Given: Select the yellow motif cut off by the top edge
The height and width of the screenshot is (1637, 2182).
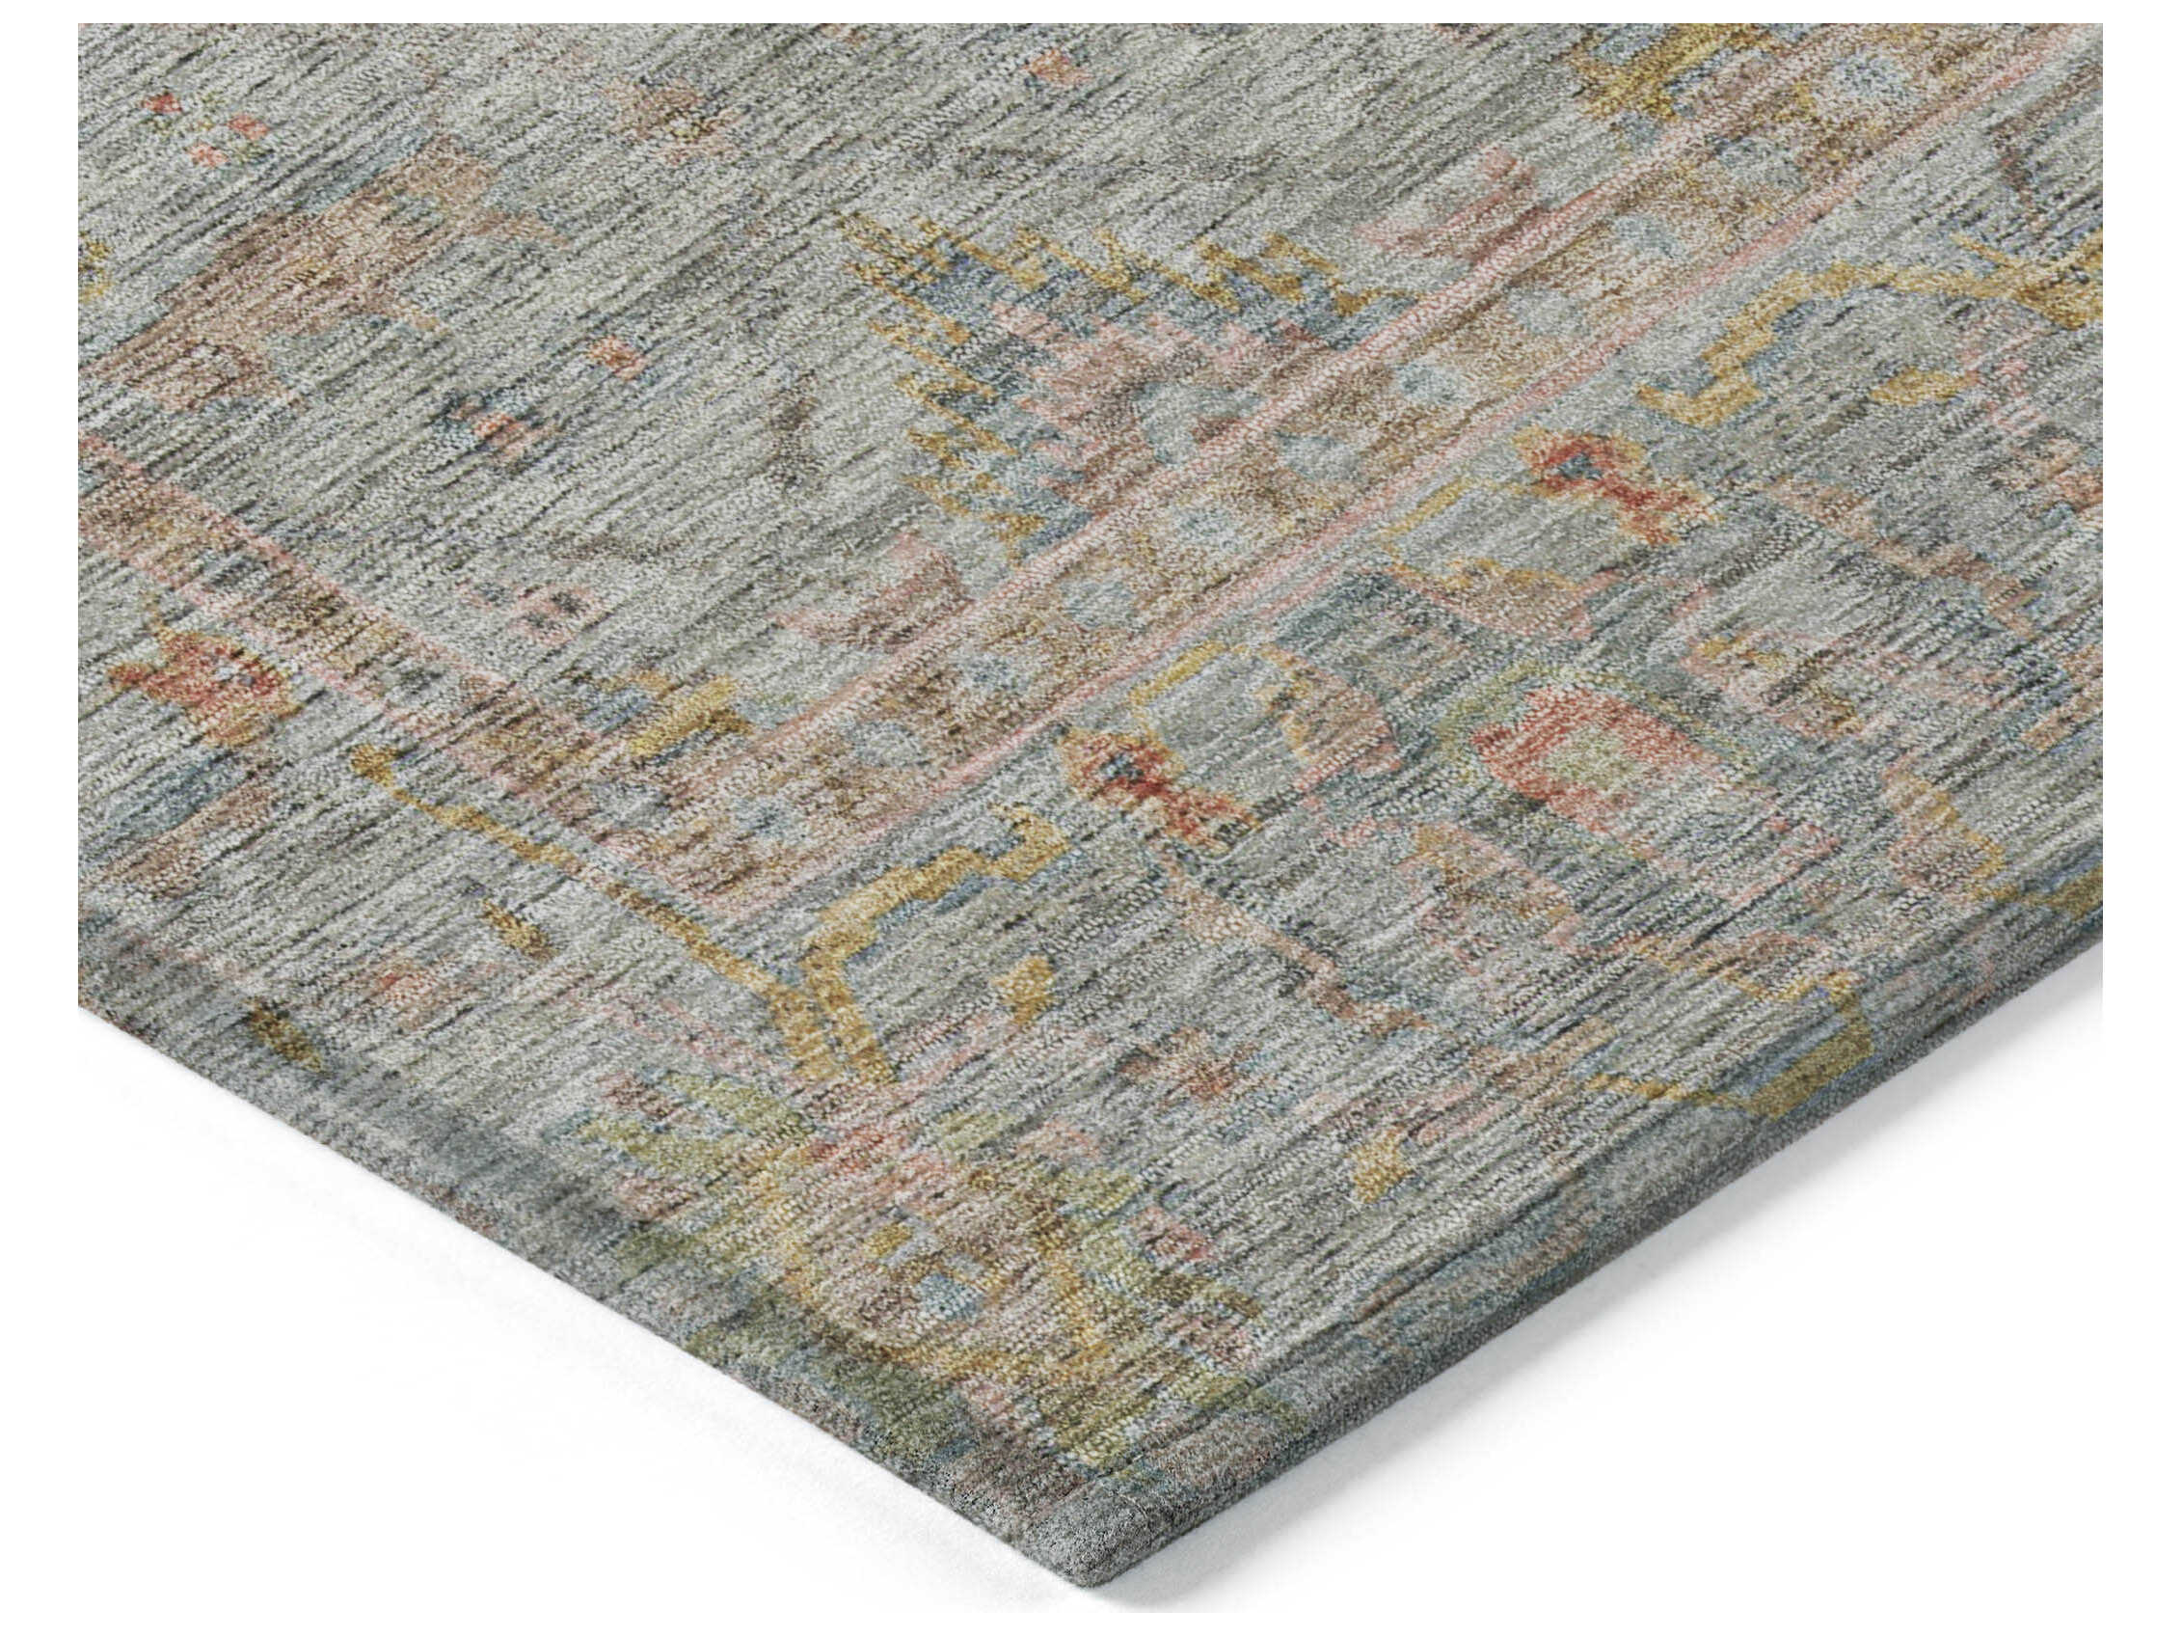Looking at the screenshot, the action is [x=1667, y=59].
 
